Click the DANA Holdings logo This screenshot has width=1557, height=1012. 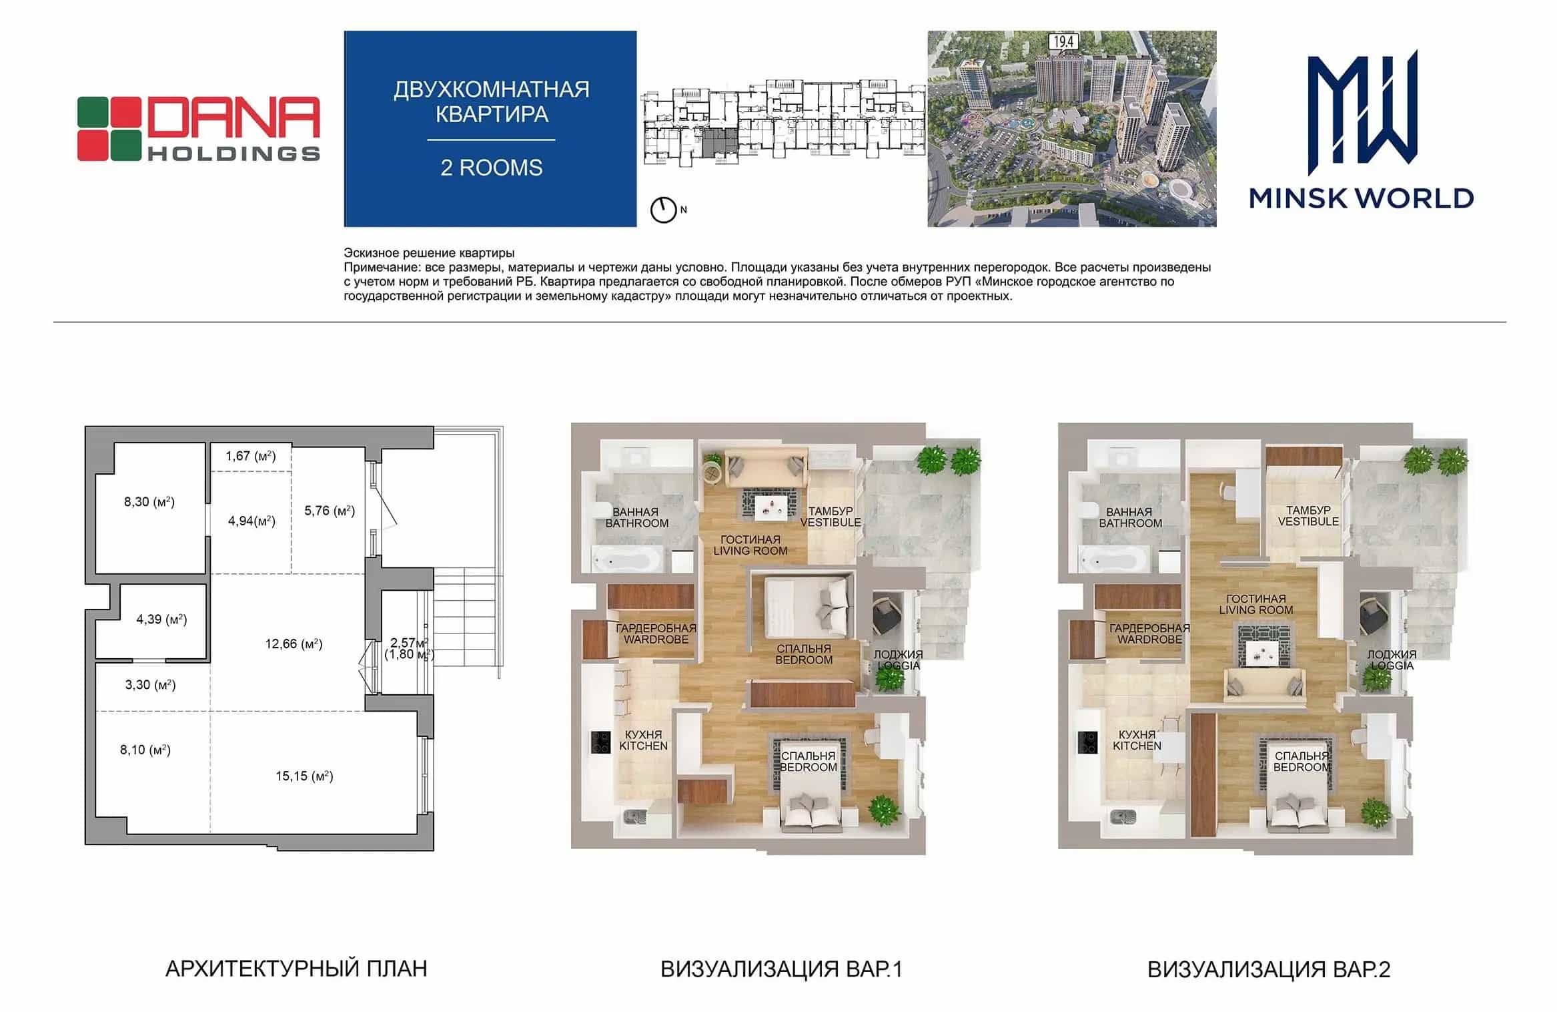point(198,129)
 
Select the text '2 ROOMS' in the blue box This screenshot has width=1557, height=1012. point(491,168)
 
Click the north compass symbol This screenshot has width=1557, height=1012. point(663,210)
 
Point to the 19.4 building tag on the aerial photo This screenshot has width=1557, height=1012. point(1063,42)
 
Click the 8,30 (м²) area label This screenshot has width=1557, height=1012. point(149,501)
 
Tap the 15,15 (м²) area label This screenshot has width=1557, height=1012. point(304,776)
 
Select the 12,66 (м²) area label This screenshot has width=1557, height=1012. point(294,644)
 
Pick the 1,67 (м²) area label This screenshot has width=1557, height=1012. point(250,456)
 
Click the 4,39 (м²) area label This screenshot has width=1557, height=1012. point(161,619)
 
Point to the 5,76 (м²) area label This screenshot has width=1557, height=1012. point(330,511)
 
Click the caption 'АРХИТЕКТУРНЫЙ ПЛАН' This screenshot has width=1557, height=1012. point(296,969)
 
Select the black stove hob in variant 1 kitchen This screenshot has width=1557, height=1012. point(600,742)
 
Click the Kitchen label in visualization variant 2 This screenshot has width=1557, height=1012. point(1137,740)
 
